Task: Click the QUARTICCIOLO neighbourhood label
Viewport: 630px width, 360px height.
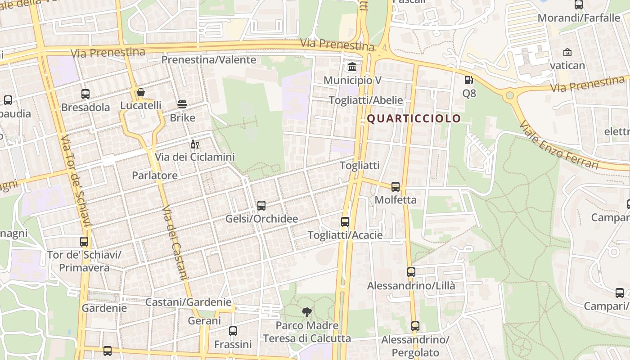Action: (414, 118)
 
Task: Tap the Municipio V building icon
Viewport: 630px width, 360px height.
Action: (352, 67)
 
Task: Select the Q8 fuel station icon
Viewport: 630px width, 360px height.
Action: (469, 80)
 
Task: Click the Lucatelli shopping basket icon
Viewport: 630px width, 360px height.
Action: (141, 93)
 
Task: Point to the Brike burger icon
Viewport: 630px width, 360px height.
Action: (182, 104)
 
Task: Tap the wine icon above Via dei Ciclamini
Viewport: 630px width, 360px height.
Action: (195, 144)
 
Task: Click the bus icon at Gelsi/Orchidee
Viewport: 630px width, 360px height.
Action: (261, 206)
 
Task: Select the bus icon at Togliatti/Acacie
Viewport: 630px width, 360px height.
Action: (345, 221)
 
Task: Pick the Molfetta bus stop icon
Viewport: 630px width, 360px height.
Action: (396, 186)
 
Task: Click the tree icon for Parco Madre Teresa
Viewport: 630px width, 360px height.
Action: (307, 312)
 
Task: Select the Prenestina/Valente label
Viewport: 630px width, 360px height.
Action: (209, 60)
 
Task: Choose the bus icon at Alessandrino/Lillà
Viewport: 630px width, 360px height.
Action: (411, 272)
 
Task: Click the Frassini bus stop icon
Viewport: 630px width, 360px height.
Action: (233, 331)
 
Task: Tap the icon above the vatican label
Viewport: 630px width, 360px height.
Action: (567, 52)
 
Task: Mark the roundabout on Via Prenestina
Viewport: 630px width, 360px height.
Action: (510, 95)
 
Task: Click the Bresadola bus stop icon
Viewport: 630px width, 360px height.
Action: (85, 94)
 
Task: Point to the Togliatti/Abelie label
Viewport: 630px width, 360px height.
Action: (366, 100)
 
